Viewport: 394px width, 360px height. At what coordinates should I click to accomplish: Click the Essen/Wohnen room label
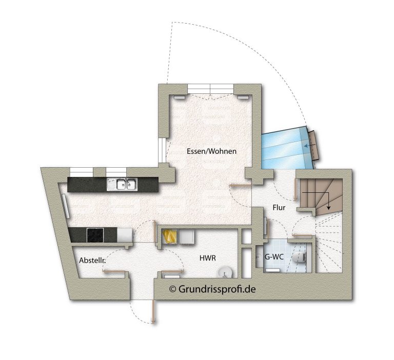pos(211,151)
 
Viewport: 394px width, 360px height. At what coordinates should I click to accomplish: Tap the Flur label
pos(279,208)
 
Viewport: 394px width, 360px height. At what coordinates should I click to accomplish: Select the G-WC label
pos(274,257)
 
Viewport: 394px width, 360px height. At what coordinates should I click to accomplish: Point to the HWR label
pos(208,258)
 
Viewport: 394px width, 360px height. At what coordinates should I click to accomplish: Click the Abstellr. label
pos(92,261)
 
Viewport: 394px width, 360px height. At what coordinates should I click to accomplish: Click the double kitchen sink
pos(122,184)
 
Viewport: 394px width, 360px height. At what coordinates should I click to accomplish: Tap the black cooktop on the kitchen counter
pos(95,235)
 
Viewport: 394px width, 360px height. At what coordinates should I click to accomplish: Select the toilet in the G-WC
pos(300,257)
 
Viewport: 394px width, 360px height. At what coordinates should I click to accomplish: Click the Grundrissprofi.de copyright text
pos(212,289)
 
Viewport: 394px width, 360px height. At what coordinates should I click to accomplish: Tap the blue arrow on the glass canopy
pos(309,146)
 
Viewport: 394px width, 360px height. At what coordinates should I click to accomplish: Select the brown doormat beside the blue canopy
pos(315,145)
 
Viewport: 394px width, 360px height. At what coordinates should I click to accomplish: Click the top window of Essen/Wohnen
pos(210,89)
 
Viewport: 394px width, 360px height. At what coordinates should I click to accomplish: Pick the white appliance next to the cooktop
pos(125,235)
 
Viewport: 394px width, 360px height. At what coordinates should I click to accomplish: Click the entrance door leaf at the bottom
pos(153,311)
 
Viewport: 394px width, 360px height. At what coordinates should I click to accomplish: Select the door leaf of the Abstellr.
pos(113,271)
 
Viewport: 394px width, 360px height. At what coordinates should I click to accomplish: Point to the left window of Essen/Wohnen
pos(162,150)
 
